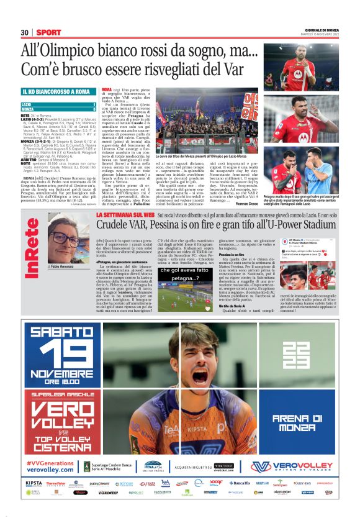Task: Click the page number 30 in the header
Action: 24,32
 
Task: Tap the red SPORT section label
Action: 48,32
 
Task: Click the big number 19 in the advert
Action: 57,353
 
